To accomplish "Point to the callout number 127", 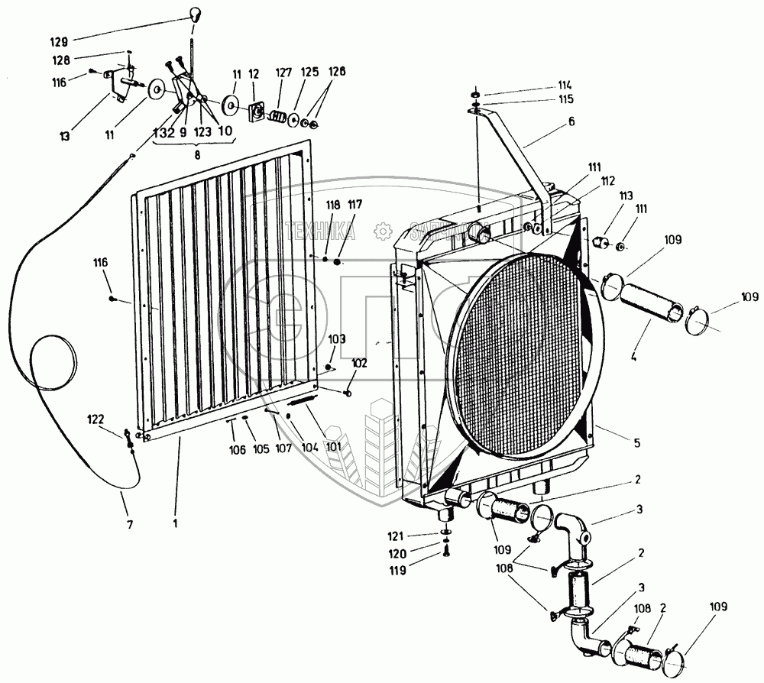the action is point(284,73).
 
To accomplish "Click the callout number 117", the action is point(355,204).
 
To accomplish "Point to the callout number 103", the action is point(337,337).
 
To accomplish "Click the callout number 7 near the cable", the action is point(129,524).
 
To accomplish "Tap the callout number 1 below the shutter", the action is point(176,524).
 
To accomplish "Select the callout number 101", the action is point(334,445).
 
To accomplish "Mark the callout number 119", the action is point(419,569).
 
